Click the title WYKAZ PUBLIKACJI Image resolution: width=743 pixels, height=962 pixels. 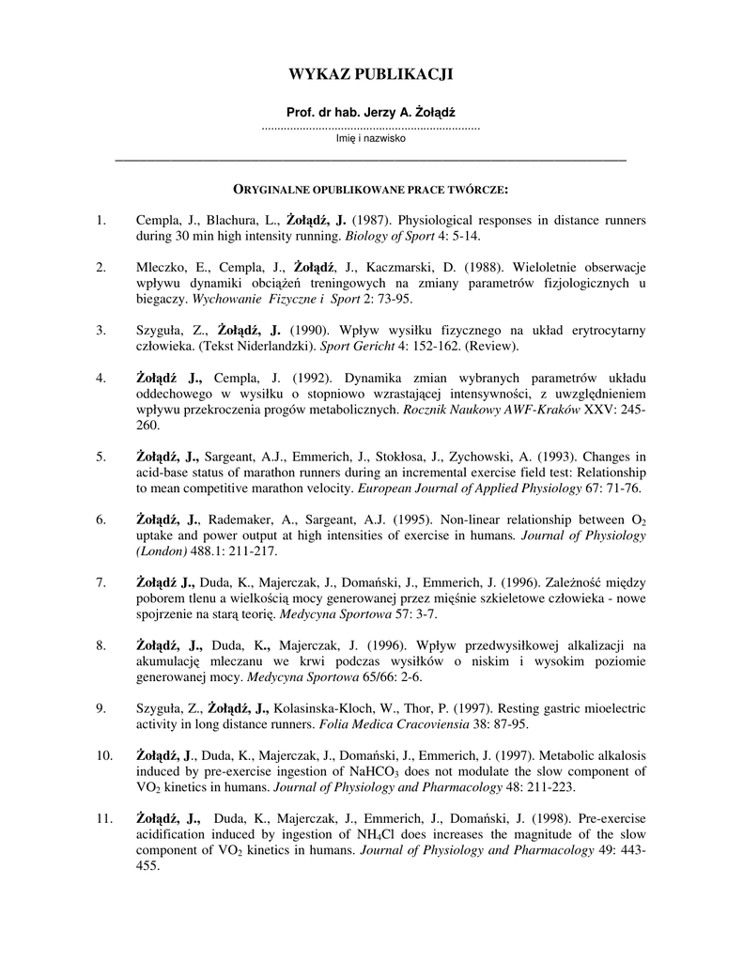coord(371,74)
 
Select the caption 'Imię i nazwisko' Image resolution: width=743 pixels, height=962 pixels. coord(371,138)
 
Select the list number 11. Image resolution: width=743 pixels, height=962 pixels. coord(103,820)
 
